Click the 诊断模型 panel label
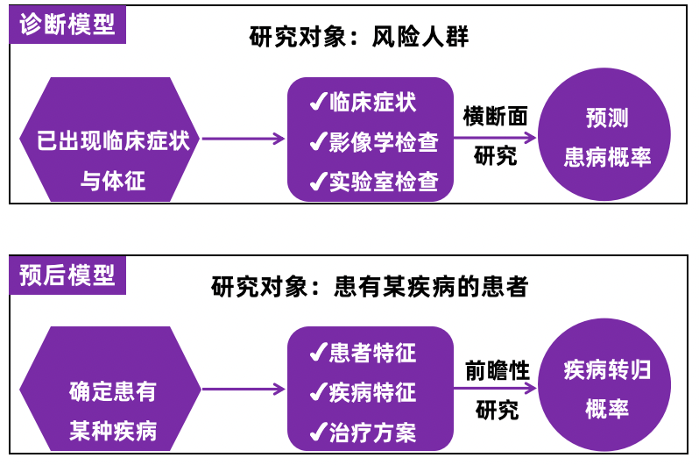[67, 24]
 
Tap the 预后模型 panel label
[67, 275]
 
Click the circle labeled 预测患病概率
[607, 139]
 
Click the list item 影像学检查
[383, 141]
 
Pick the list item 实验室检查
[383, 181]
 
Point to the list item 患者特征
[371, 352]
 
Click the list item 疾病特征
[371, 391]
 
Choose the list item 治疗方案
[371, 432]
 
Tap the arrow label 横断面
[496, 117]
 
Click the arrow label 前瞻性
[497, 370]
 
